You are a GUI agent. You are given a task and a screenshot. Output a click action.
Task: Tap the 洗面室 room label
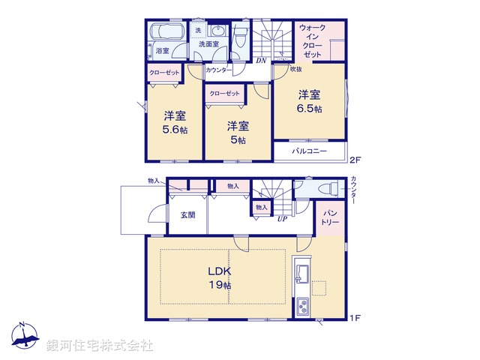tap(209, 45)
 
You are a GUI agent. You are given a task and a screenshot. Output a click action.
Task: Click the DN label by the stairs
tap(261, 61)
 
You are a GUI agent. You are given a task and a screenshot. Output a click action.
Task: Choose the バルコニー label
tap(310, 151)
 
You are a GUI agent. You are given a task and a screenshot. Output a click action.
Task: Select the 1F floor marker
tap(355, 318)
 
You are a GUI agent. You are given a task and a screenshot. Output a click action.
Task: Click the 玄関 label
tap(188, 215)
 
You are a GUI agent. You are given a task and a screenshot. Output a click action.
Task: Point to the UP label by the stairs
tap(283, 220)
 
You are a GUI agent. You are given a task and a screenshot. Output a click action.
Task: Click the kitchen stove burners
tap(303, 307)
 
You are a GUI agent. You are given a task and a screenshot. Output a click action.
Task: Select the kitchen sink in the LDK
tap(301, 270)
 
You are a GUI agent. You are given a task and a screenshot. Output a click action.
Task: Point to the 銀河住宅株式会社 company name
tap(100, 346)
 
